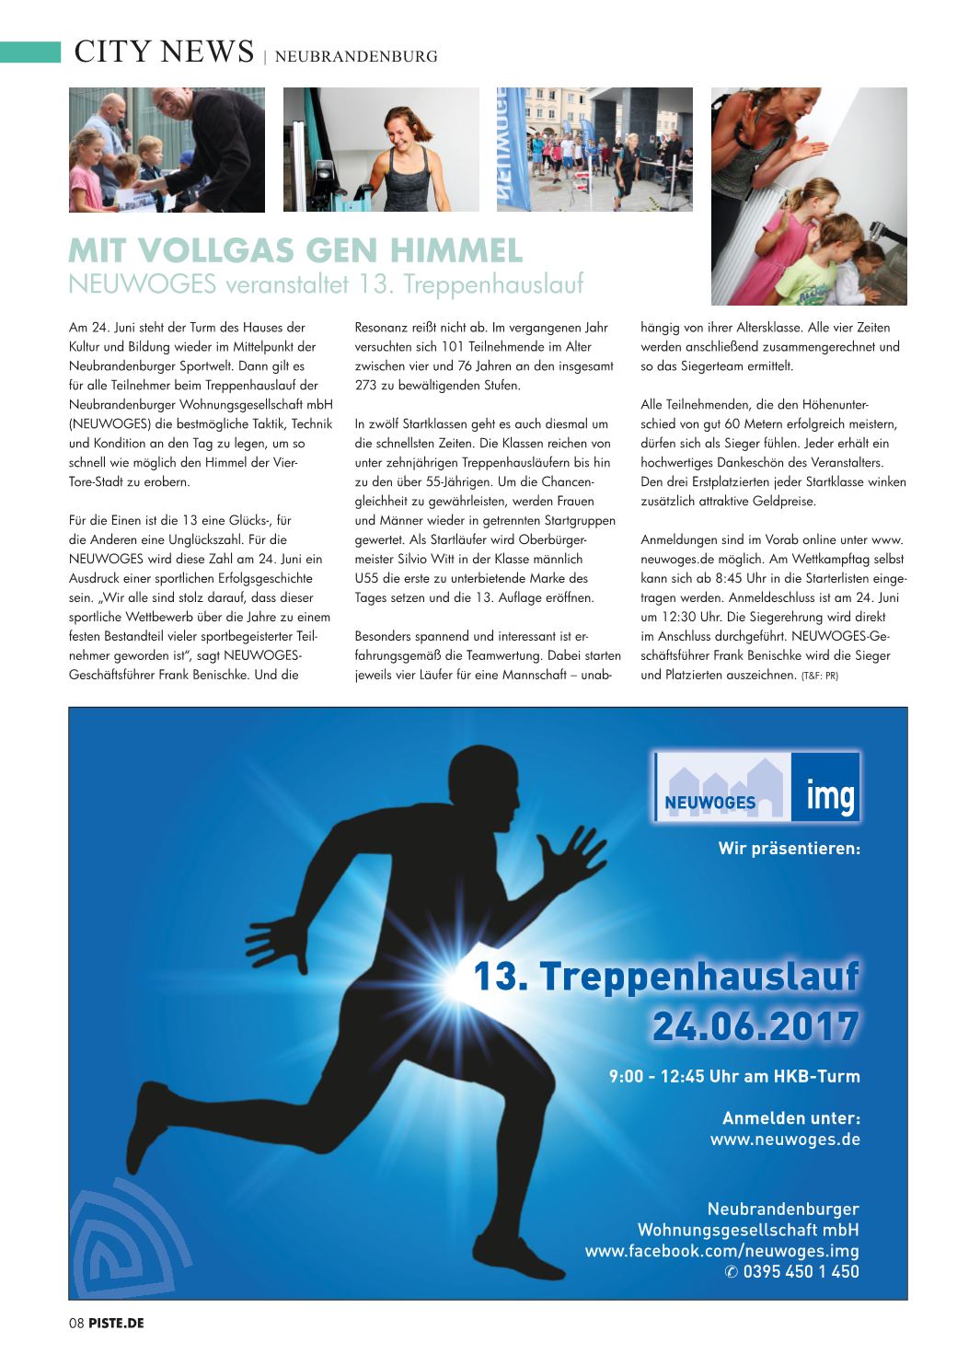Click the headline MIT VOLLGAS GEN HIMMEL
[x=295, y=249]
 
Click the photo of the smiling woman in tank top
[x=380, y=150]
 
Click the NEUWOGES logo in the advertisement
[x=721, y=786]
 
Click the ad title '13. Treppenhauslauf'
[x=666, y=977]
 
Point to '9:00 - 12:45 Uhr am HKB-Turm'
[x=734, y=1075]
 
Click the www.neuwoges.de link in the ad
[x=785, y=1140]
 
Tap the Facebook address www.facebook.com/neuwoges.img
[x=721, y=1251]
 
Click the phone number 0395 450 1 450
[x=791, y=1272]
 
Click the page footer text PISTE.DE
[x=116, y=1323]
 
